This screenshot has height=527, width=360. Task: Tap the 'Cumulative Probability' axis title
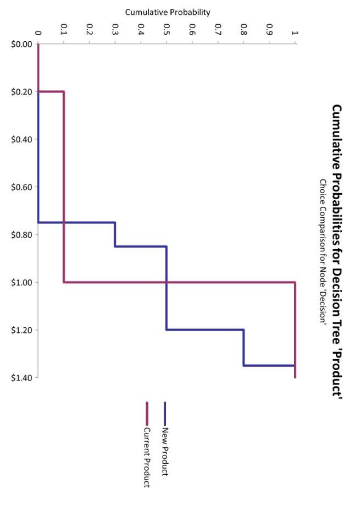[x=167, y=12]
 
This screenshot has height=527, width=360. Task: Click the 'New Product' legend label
[x=165, y=452]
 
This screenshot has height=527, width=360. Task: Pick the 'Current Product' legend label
[x=147, y=457]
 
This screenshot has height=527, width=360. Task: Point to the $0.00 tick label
[x=21, y=44]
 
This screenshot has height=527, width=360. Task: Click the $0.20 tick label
[x=21, y=91]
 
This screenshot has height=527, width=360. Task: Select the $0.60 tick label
[x=21, y=187]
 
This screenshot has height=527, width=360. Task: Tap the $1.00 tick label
[x=21, y=282]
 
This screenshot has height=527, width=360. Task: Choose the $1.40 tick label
[x=21, y=378]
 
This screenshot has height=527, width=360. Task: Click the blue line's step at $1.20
[x=204, y=330]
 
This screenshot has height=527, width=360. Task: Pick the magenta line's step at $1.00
[x=179, y=282]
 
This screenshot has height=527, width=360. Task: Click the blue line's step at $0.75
[x=76, y=222]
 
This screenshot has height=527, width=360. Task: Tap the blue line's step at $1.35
[x=269, y=365]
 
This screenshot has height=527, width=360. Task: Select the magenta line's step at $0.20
[x=51, y=91]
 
